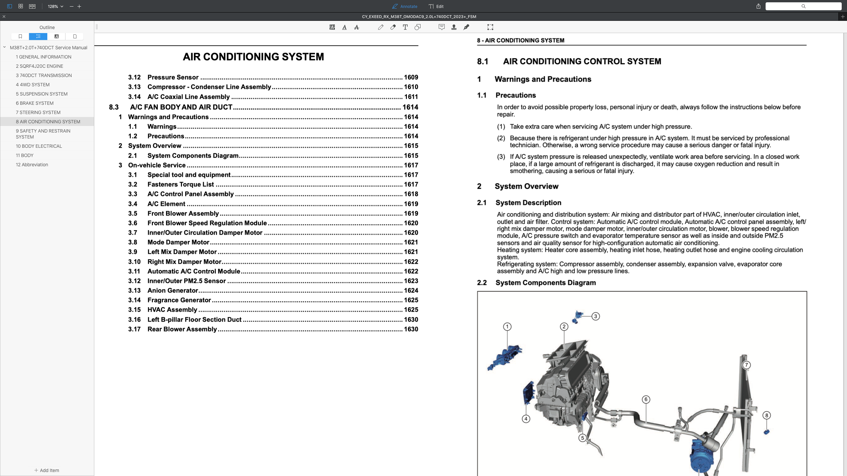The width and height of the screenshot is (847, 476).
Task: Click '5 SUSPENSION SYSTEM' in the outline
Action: click(42, 94)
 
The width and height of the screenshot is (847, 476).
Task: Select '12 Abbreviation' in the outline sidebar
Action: click(32, 165)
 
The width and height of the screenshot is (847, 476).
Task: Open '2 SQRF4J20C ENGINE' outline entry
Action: click(39, 66)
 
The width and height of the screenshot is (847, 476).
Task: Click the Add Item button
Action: click(47, 470)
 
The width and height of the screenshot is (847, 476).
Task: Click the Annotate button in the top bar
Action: click(405, 6)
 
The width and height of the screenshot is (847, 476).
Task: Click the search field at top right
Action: click(803, 6)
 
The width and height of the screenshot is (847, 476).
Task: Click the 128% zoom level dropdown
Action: click(55, 6)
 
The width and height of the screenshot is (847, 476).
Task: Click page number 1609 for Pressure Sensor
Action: click(411, 77)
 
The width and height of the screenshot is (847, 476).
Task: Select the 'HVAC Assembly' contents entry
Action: click(172, 310)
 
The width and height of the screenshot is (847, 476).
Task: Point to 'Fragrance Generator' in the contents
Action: click(179, 300)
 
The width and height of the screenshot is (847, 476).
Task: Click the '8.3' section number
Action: click(113, 107)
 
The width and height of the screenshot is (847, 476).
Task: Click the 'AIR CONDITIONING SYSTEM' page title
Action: click(253, 57)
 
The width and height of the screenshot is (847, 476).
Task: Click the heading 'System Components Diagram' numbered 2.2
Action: click(545, 283)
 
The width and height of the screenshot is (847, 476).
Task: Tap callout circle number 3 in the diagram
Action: click(596, 316)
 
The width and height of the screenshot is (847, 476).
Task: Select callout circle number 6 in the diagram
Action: click(646, 399)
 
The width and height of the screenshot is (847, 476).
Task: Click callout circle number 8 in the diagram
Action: click(766, 416)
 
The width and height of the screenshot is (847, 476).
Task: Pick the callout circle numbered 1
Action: click(507, 327)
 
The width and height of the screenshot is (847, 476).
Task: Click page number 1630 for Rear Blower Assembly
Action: click(411, 329)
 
